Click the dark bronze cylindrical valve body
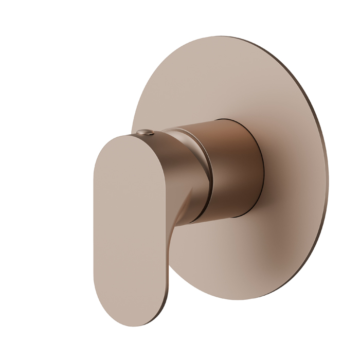click(x=237, y=170)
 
